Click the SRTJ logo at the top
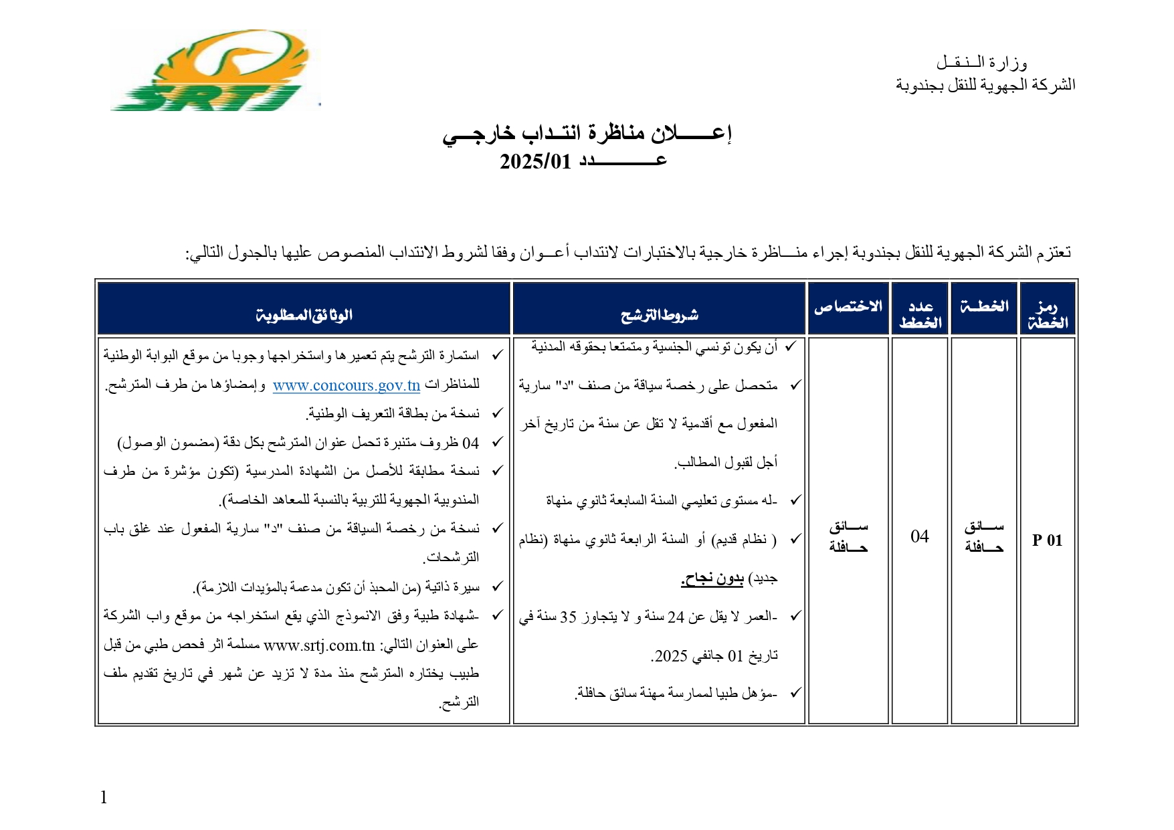213,71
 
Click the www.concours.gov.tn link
347,385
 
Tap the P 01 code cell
1047,540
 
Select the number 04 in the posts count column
920,536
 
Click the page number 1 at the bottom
104,797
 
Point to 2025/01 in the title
535,162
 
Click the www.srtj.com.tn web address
319,645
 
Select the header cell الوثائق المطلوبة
304,314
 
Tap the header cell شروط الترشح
659,314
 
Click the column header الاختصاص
848,307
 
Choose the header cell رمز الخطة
1047,314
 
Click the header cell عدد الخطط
920,314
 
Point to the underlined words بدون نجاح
712,579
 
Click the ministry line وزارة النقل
981,63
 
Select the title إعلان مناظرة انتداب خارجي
587,133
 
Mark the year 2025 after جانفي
671,656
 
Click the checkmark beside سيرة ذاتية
497,587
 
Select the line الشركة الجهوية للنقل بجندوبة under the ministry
985,85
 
